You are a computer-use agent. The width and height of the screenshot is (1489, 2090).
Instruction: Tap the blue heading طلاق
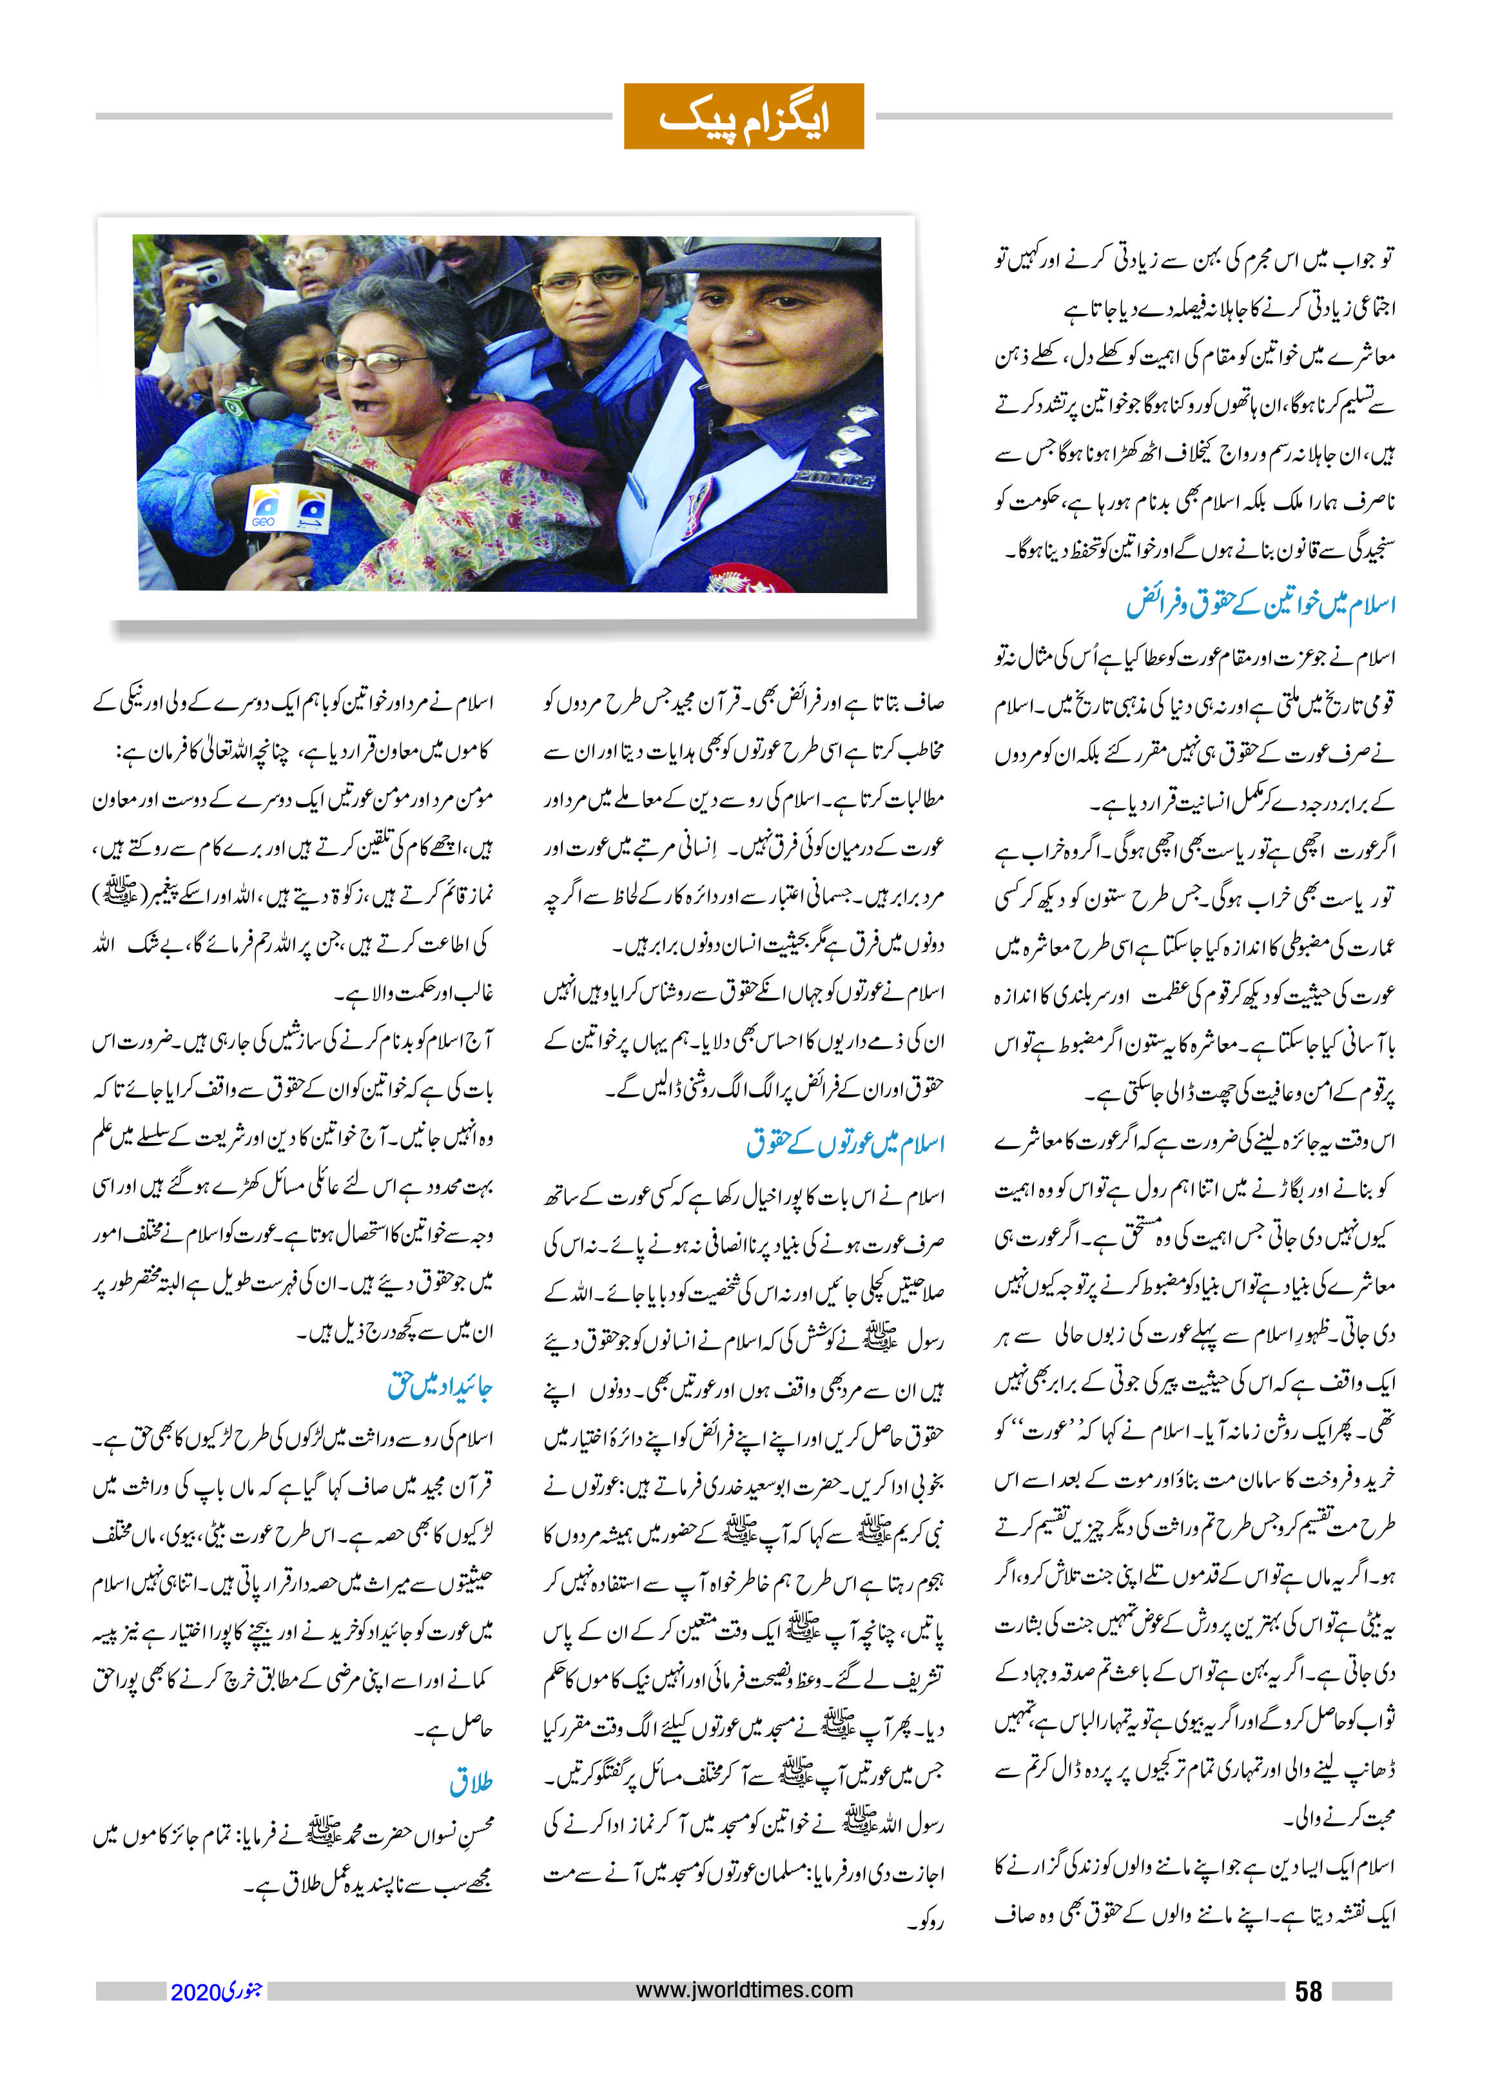click(x=471, y=1782)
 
